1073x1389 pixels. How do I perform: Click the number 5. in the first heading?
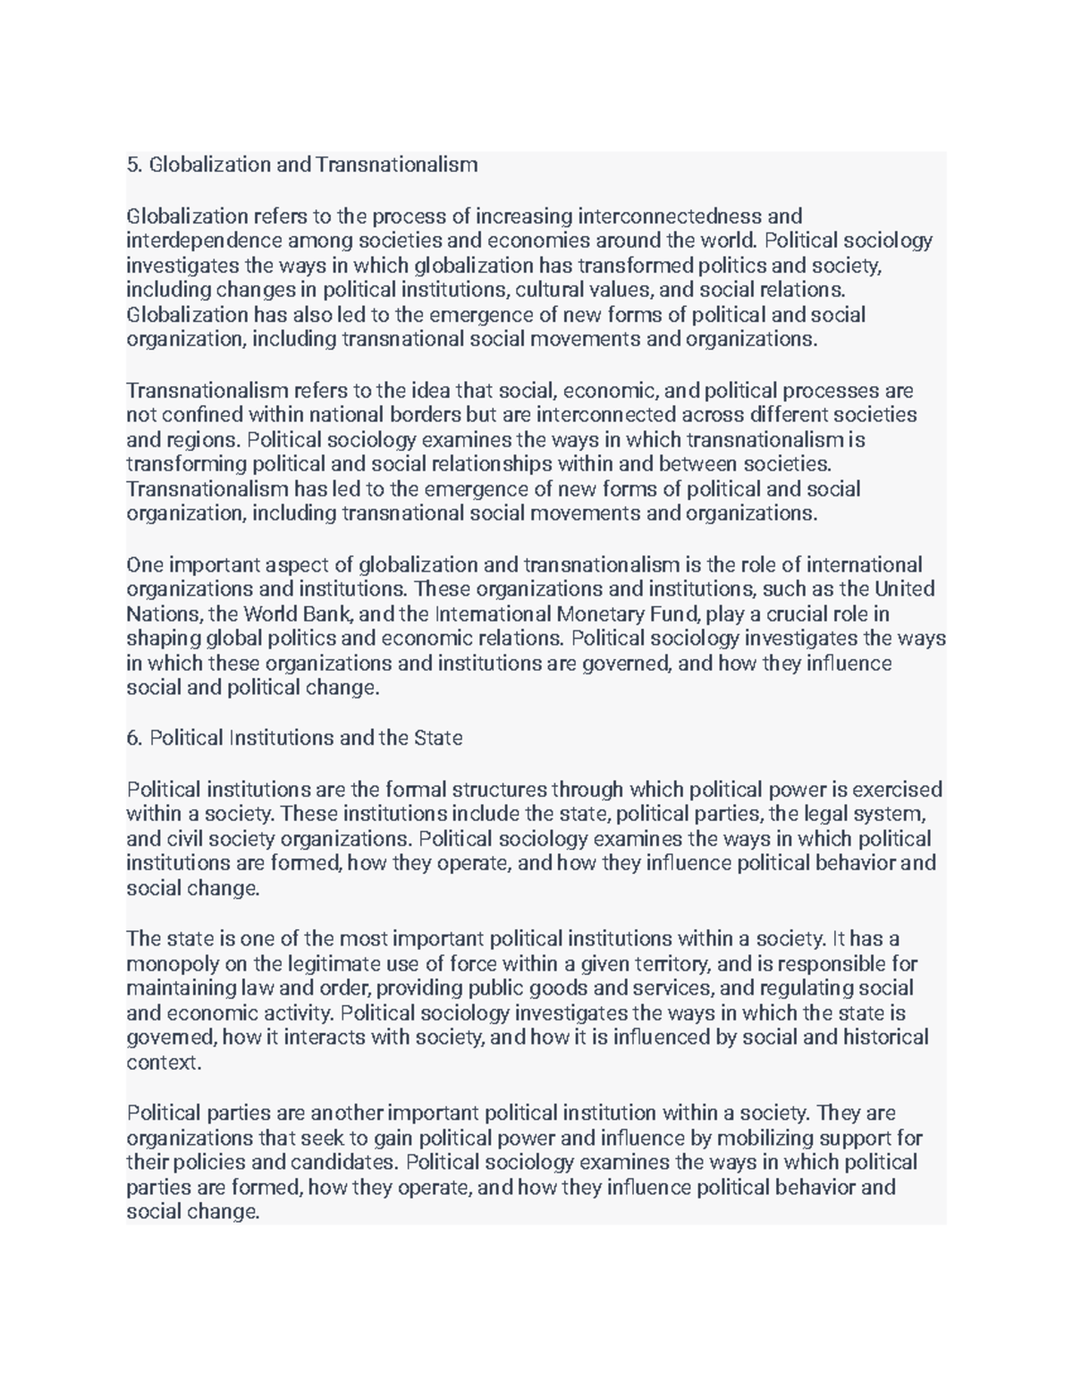[134, 165]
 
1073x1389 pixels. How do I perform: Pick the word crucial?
[801, 614]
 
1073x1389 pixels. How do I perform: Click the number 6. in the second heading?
[134, 739]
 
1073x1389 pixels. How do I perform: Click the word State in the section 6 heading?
[438, 739]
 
